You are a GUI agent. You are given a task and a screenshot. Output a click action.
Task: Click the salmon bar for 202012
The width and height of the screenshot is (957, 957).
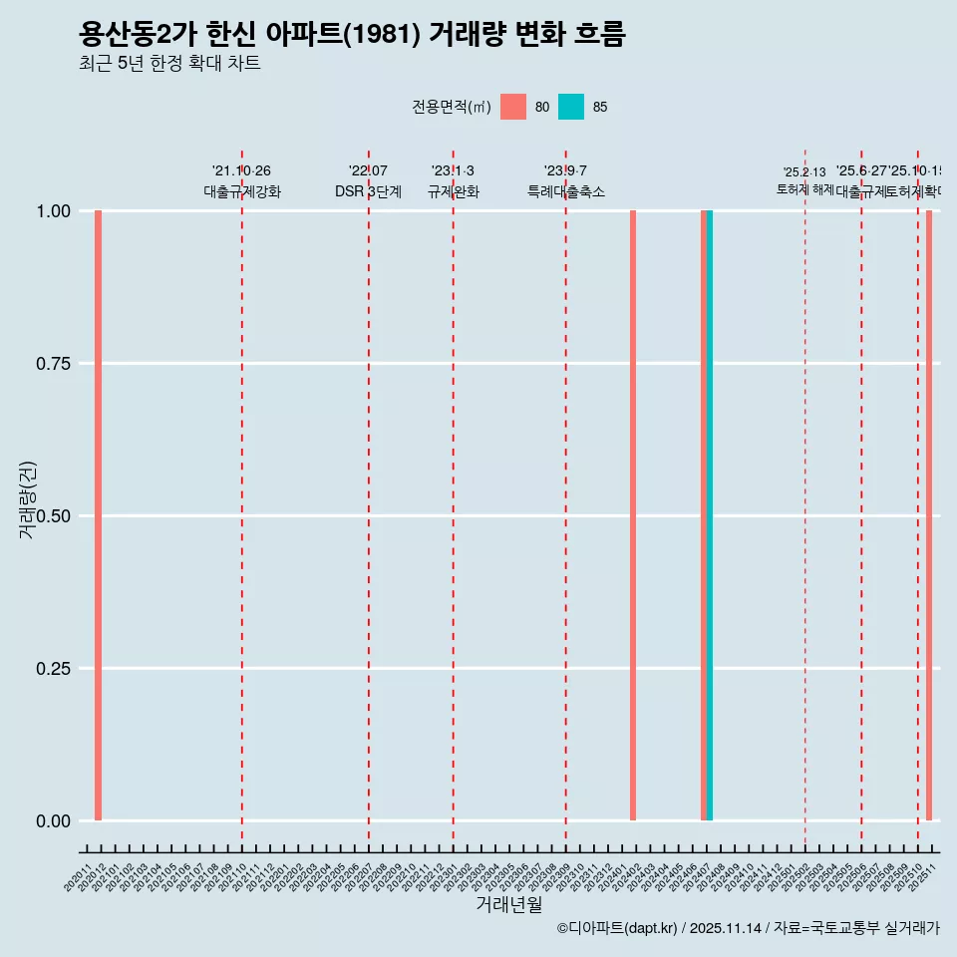98,515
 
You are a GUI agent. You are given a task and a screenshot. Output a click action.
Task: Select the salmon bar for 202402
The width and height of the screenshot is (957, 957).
633,515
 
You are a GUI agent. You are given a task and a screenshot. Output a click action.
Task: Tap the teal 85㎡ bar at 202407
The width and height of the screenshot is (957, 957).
710,515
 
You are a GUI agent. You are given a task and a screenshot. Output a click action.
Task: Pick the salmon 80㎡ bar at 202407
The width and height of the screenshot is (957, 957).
704,515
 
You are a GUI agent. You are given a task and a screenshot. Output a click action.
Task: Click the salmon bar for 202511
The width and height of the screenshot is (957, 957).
929,515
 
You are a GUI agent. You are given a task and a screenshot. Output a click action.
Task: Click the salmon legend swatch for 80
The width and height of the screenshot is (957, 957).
513,107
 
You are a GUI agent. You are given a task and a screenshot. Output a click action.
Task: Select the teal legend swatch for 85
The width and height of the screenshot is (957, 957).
571,107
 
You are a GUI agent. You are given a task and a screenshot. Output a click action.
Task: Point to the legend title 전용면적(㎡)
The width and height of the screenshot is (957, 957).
451,107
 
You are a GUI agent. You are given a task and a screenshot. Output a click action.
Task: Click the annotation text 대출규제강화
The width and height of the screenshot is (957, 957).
242,191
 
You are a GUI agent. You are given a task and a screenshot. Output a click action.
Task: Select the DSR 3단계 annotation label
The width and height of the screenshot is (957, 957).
368,191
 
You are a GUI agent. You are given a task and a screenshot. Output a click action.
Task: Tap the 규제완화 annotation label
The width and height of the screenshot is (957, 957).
454,191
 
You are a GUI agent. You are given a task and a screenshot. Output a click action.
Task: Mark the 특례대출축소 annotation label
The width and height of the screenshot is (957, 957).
566,191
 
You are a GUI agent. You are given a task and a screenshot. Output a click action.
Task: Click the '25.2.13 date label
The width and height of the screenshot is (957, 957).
804,172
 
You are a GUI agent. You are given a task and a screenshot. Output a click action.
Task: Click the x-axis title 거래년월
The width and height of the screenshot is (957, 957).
508,904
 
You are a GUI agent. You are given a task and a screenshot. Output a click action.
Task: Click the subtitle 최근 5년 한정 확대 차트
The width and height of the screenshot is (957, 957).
169,64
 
